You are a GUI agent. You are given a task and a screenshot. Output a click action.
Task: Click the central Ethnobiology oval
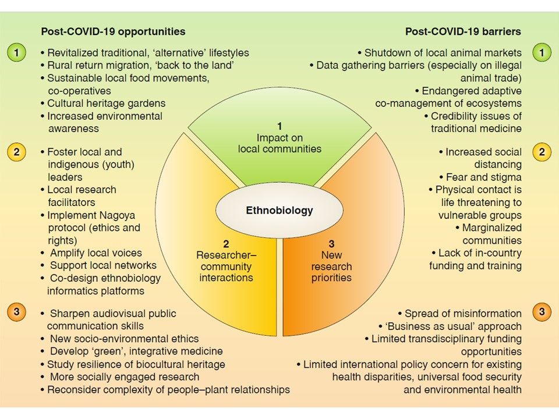pos(279,210)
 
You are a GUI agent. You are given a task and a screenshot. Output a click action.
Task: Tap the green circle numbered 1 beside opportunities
pos(16,53)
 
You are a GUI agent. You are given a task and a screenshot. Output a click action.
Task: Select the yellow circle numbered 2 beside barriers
pos(542,152)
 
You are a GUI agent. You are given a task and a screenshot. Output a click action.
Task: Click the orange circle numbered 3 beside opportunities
pos(16,312)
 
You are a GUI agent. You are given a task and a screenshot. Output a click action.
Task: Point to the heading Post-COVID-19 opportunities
pos(113,31)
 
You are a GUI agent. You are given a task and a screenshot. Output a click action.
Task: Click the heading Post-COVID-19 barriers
pos(463,31)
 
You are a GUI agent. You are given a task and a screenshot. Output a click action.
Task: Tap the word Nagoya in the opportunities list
pos(117,215)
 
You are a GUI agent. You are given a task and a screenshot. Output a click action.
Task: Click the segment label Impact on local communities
pos(279,143)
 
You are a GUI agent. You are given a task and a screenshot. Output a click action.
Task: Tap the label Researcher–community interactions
pos(226,266)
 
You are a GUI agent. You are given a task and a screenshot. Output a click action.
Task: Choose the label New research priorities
pos(331,266)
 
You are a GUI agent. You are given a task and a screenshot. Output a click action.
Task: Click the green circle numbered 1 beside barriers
pos(542,53)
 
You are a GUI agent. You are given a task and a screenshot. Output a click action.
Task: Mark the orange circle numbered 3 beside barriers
pos(542,312)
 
